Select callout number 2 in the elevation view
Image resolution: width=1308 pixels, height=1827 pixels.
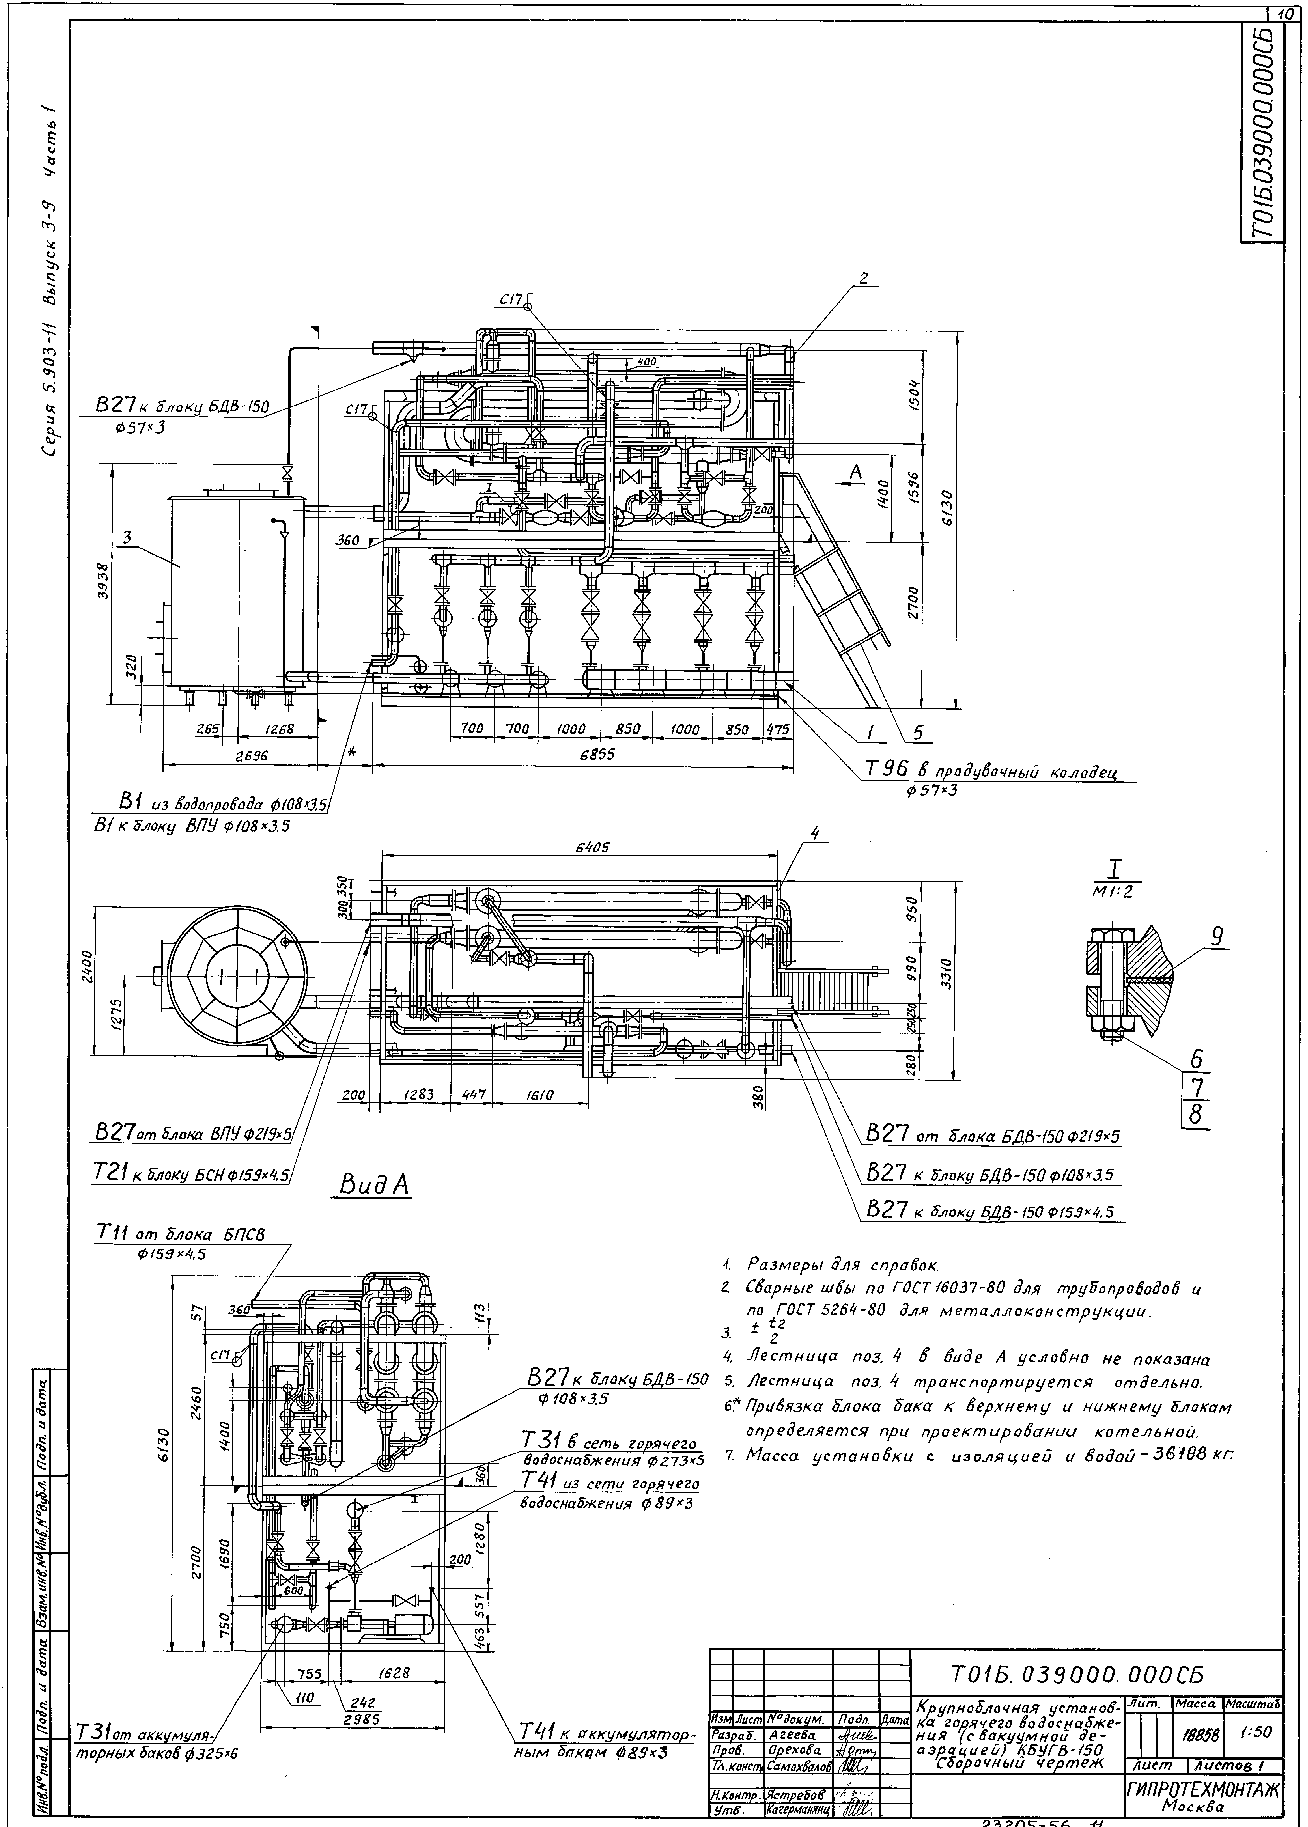(863, 279)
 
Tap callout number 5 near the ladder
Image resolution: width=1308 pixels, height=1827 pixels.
(917, 733)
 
